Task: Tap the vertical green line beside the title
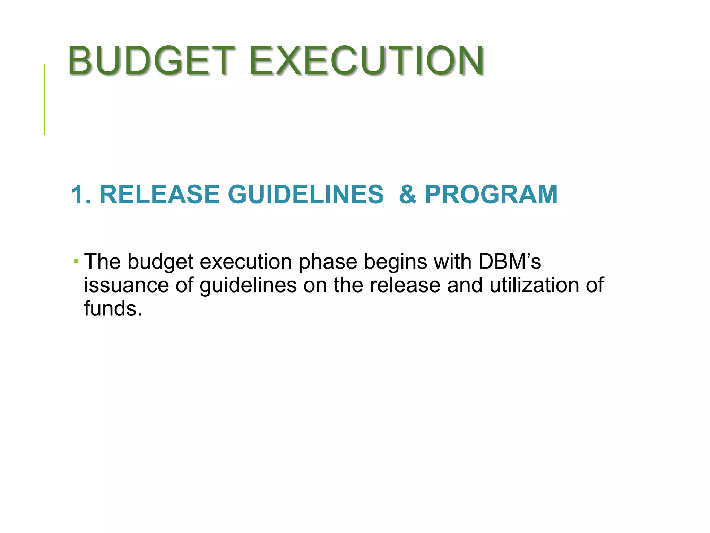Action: pyautogui.click(x=44, y=100)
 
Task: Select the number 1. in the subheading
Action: pyautogui.click(x=81, y=194)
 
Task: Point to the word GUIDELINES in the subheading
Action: pyautogui.click(x=305, y=194)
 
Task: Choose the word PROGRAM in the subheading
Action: pyautogui.click(x=491, y=194)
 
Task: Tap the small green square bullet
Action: pyautogui.click(x=76, y=260)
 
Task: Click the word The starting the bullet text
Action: pyautogui.click(x=103, y=261)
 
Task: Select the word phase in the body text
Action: pyautogui.click(x=328, y=261)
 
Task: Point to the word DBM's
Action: pyautogui.click(x=509, y=261)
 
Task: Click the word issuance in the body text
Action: pyautogui.click(x=127, y=285)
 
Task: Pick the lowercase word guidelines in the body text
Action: pyautogui.click(x=248, y=285)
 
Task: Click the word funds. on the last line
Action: pyautogui.click(x=113, y=308)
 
